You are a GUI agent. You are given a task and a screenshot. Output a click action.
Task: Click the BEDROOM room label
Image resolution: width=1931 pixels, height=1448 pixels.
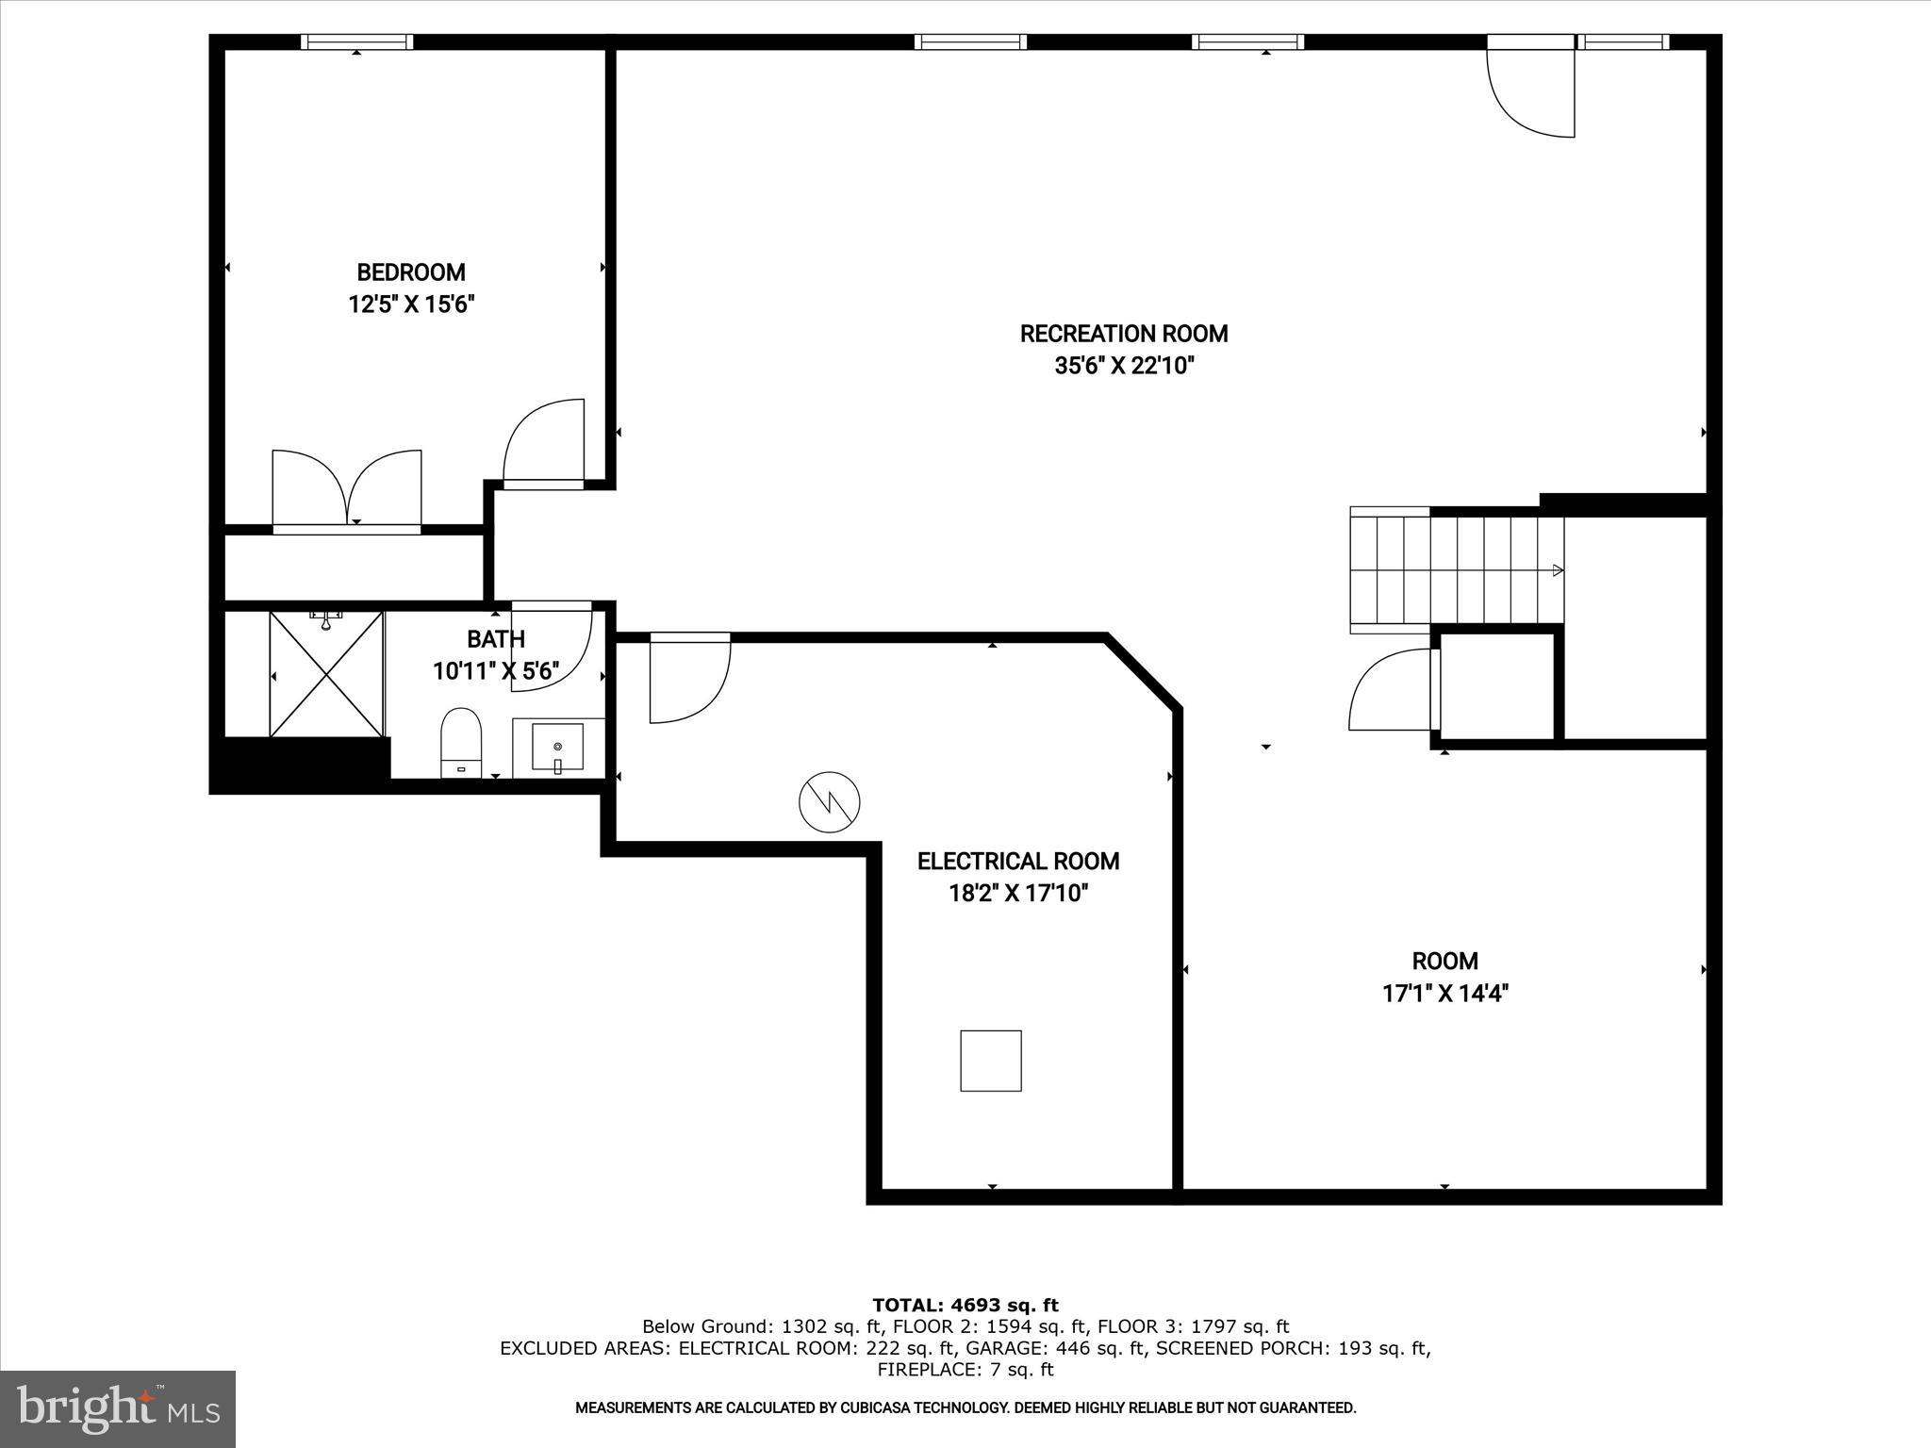click(x=410, y=272)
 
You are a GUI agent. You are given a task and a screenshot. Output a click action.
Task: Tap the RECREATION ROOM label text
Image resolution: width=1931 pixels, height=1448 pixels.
click(x=1123, y=334)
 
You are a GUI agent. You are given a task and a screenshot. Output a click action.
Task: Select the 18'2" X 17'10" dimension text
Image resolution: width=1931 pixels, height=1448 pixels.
click(x=1018, y=893)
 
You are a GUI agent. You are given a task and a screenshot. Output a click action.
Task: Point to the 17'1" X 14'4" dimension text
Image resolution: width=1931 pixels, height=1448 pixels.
click(x=1444, y=993)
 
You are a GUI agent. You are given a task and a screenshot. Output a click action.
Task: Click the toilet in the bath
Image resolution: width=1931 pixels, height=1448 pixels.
click(x=461, y=742)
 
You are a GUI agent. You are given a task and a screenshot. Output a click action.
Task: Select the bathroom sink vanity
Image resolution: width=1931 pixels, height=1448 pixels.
click(x=558, y=748)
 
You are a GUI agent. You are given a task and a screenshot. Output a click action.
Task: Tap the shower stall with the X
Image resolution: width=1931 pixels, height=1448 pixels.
click(x=326, y=674)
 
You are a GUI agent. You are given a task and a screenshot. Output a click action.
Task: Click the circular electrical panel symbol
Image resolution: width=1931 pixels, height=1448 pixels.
click(x=829, y=802)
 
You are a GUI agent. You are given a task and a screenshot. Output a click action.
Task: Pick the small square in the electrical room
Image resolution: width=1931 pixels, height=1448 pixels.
click(x=990, y=1061)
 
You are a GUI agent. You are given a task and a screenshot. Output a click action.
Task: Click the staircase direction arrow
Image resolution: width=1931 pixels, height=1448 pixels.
click(x=1557, y=570)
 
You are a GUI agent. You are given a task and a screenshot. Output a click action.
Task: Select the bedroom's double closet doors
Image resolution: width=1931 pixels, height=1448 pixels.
click(x=347, y=490)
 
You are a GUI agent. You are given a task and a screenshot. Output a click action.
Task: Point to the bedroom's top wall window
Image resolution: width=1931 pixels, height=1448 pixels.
click(x=356, y=41)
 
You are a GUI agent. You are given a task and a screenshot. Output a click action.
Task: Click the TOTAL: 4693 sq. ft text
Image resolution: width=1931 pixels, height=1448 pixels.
click(x=965, y=1305)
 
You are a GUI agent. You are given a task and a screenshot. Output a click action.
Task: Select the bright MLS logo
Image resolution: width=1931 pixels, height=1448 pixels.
click(x=118, y=1408)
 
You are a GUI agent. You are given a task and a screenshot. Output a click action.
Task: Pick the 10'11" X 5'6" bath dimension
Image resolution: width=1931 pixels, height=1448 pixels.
click(x=496, y=671)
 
